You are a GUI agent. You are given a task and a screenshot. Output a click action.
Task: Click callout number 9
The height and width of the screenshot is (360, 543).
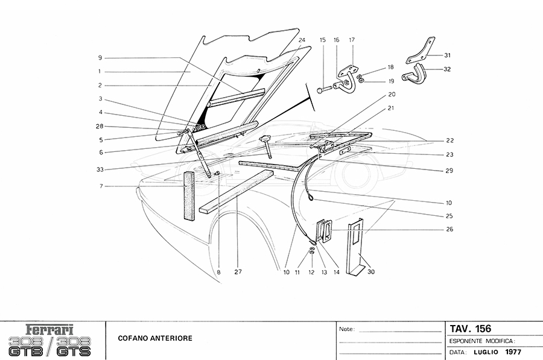pyautogui.click(x=100, y=58)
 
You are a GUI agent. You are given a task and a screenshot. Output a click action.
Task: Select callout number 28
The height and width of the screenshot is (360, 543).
pyautogui.click(x=100, y=127)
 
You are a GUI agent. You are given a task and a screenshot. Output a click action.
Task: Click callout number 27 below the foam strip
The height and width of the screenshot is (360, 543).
pyautogui.click(x=238, y=272)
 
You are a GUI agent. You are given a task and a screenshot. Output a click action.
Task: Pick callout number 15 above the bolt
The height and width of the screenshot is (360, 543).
pyautogui.click(x=323, y=40)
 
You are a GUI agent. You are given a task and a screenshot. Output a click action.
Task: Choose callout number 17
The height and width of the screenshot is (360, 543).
pyautogui.click(x=351, y=40)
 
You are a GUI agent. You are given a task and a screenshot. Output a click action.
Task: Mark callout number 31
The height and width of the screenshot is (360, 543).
pyautogui.click(x=447, y=55)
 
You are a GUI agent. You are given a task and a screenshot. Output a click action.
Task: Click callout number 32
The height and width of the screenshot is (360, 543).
pyautogui.click(x=447, y=69)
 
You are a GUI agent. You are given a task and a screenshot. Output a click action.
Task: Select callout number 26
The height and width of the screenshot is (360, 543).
pyautogui.click(x=449, y=229)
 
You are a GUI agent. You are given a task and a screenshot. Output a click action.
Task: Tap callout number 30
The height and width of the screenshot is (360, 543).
pyautogui.click(x=371, y=272)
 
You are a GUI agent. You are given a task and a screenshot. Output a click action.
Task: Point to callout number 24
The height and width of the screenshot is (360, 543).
pyautogui.click(x=302, y=40)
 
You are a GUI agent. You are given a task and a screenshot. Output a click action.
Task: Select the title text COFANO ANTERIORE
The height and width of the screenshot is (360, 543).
pyautogui.click(x=156, y=338)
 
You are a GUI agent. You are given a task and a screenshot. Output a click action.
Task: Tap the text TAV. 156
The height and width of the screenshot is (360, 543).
pyautogui.click(x=471, y=329)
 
